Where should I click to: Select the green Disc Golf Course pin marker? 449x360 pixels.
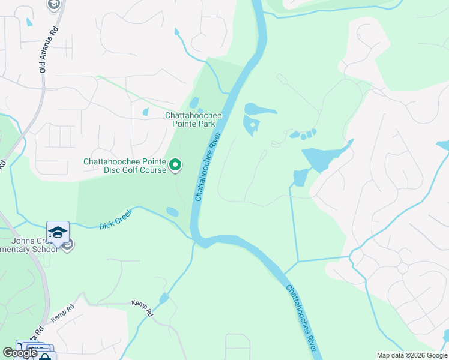tap(175, 164)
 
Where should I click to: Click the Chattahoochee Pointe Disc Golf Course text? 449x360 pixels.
tap(124, 166)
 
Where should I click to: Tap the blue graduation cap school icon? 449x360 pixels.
tap(58, 232)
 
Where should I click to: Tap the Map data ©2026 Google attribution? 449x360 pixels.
tap(411, 355)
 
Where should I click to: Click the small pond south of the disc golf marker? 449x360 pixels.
tap(172, 212)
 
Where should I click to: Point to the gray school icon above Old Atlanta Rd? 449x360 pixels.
tap(53, 5)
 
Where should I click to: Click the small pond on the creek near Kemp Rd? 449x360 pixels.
tap(164, 298)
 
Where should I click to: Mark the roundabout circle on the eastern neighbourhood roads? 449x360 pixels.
tap(403, 268)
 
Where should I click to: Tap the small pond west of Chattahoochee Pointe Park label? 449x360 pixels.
tap(145, 112)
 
